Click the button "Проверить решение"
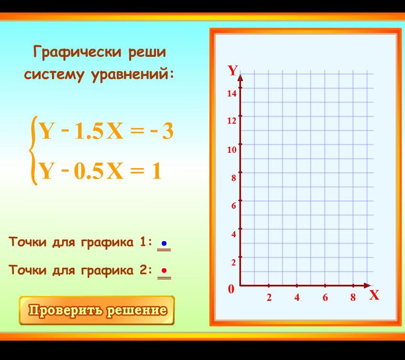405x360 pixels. tap(97, 310)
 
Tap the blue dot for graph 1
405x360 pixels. tap(164, 244)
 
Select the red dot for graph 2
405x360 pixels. tap(164, 271)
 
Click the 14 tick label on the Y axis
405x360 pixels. tap(232, 93)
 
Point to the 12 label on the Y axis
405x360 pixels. tap(232, 121)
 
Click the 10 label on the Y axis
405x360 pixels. tap(232, 149)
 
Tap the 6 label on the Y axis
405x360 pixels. tap(233, 206)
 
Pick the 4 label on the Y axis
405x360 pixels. tap(233, 234)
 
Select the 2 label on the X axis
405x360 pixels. tap(269, 298)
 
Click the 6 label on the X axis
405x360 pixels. tap(325, 298)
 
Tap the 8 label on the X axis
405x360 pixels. tap(353, 298)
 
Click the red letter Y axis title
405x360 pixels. tap(233, 70)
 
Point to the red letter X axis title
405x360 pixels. tap(374, 295)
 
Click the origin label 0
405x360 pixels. tap(231, 289)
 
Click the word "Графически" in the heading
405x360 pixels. tap(77, 52)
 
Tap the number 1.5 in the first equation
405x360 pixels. tap(89, 132)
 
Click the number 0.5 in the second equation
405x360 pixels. tap(89, 171)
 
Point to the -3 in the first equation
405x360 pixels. tap(162, 131)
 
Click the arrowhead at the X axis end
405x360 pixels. tap(367, 286)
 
